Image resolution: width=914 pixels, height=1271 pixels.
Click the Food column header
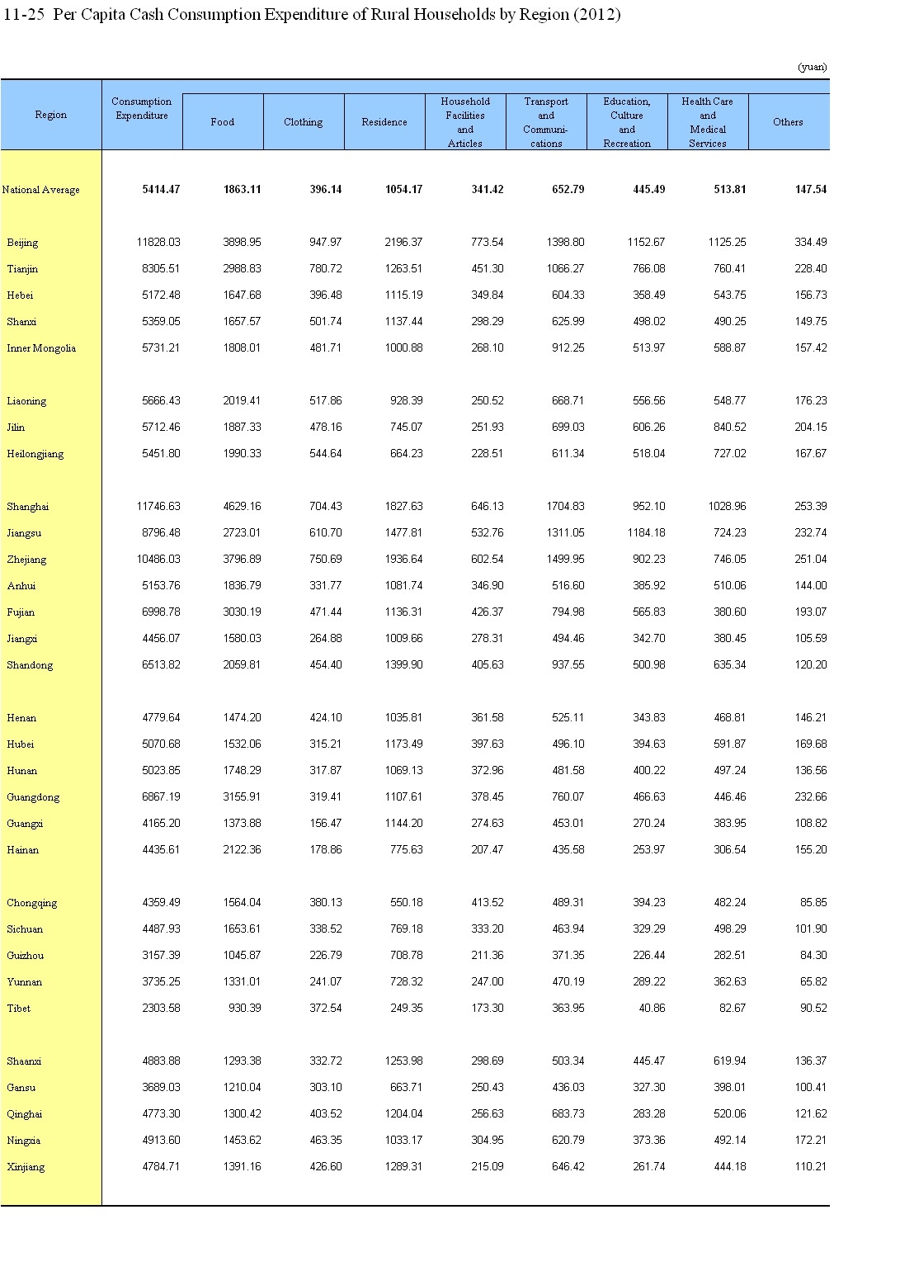point(222,122)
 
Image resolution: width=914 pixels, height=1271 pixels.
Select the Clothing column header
point(303,122)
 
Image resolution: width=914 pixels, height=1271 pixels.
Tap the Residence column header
point(384,122)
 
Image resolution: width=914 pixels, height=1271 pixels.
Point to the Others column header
point(788,122)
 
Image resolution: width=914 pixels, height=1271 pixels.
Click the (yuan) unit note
point(812,67)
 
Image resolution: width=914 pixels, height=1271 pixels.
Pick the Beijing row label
point(22,243)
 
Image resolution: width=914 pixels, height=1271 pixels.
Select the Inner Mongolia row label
point(41,348)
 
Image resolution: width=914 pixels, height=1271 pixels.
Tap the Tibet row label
point(18,1009)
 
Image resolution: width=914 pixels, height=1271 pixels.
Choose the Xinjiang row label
point(26,1167)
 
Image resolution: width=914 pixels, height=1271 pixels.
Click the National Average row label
point(41,190)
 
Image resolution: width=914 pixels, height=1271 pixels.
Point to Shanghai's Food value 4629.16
point(242,507)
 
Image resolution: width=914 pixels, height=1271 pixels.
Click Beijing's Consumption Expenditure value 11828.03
point(159,243)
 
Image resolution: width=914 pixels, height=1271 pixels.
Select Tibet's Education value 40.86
point(651,1009)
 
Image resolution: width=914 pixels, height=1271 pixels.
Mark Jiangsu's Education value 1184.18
point(646,533)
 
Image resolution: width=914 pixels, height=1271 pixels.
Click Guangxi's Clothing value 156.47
point(325,824)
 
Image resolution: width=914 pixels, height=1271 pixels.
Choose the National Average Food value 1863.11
point(242,190)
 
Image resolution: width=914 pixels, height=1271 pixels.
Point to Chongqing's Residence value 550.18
point(406,903)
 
